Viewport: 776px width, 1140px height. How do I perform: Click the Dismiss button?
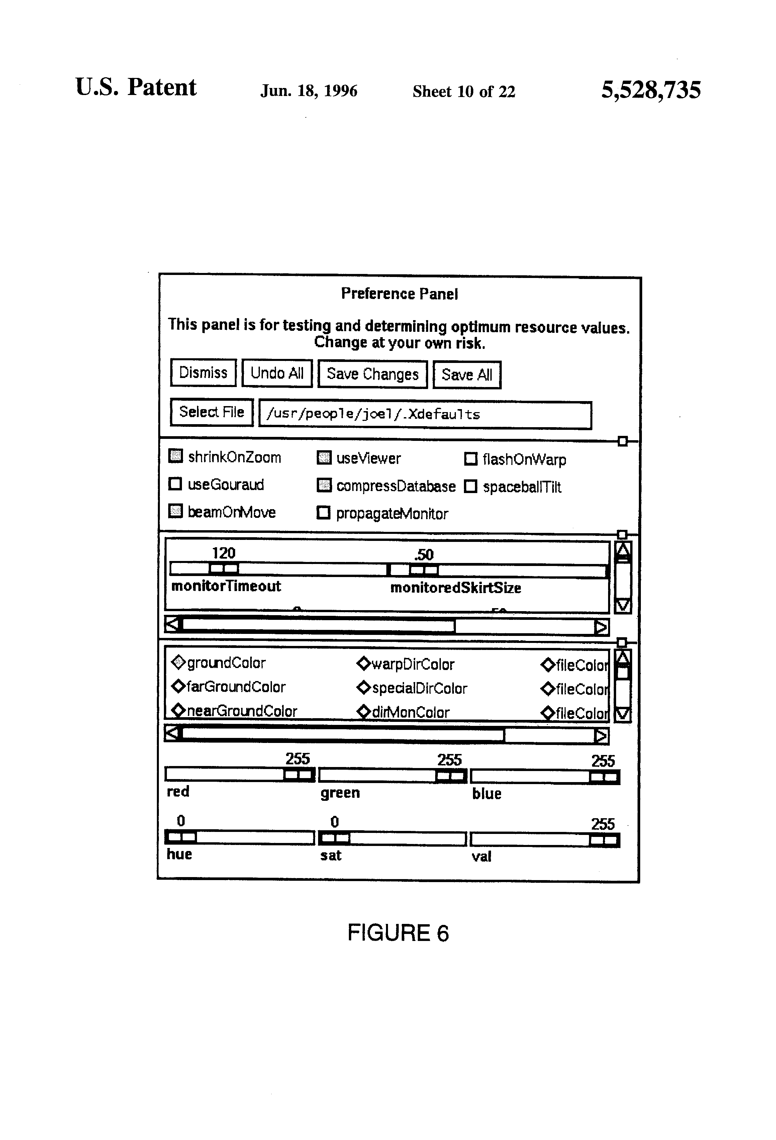click(x=203, y=373)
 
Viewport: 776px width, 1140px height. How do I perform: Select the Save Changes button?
click(x=372, y=374)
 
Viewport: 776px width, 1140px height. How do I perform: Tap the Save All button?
click(x=467, y=375)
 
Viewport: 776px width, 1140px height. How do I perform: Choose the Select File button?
click(x=211, y=412)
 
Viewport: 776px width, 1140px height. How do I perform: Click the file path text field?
click(x=425, y=415)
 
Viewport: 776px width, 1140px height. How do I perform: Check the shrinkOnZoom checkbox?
click(x=175, y=456)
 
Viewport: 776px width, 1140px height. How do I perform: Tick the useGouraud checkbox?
click(x=175, y=484)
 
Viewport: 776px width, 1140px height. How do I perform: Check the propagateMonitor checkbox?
click(x=323, y=512)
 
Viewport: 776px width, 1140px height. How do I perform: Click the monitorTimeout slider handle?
click(x=224, y=569)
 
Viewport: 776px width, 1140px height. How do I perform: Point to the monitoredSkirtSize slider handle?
click(x=424, y=570)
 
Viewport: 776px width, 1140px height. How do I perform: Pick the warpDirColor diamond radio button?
click(x=364, y=664)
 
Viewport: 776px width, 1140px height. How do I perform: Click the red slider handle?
click(x=299, y=775)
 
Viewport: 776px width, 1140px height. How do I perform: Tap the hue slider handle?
click(x=181, y=837)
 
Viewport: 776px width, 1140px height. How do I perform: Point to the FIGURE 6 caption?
click(x=398, y=933)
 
